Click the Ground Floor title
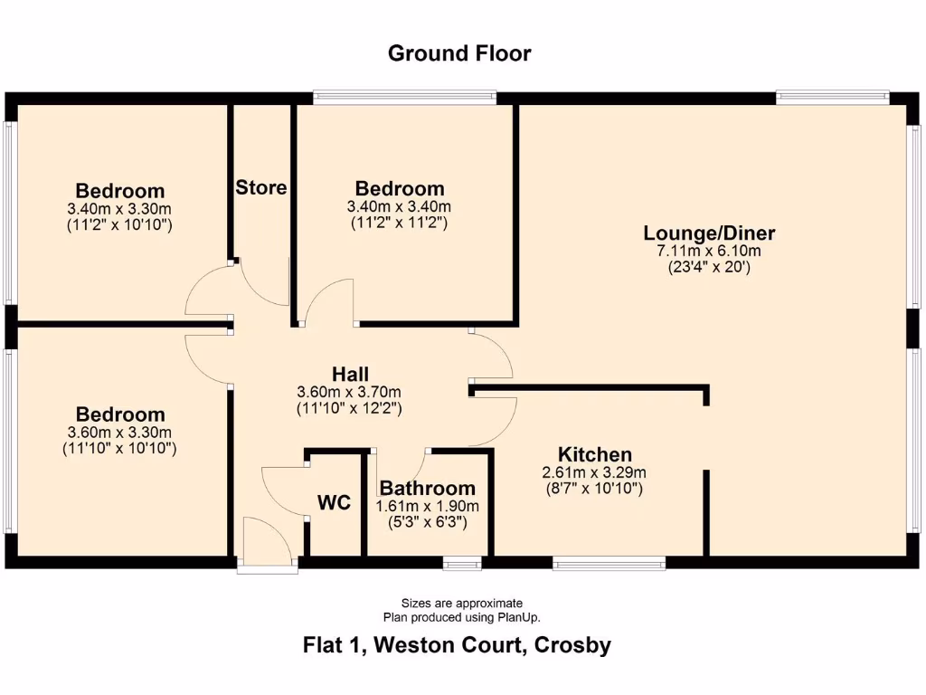[459, 53]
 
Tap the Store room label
[261, 188]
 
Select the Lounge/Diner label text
[710, 233]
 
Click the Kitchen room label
[594, 454]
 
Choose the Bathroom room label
[427, 489]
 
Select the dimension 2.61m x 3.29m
[594, 472]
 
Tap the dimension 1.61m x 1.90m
[427, 506]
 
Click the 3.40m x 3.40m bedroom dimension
[400, 206]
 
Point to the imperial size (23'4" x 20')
[710, 267]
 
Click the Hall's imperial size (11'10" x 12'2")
[350, 408]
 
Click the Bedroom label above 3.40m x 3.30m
[119, 191]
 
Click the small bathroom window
[462, 566]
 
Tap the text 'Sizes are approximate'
[462, 604]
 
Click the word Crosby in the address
[572, 646]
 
